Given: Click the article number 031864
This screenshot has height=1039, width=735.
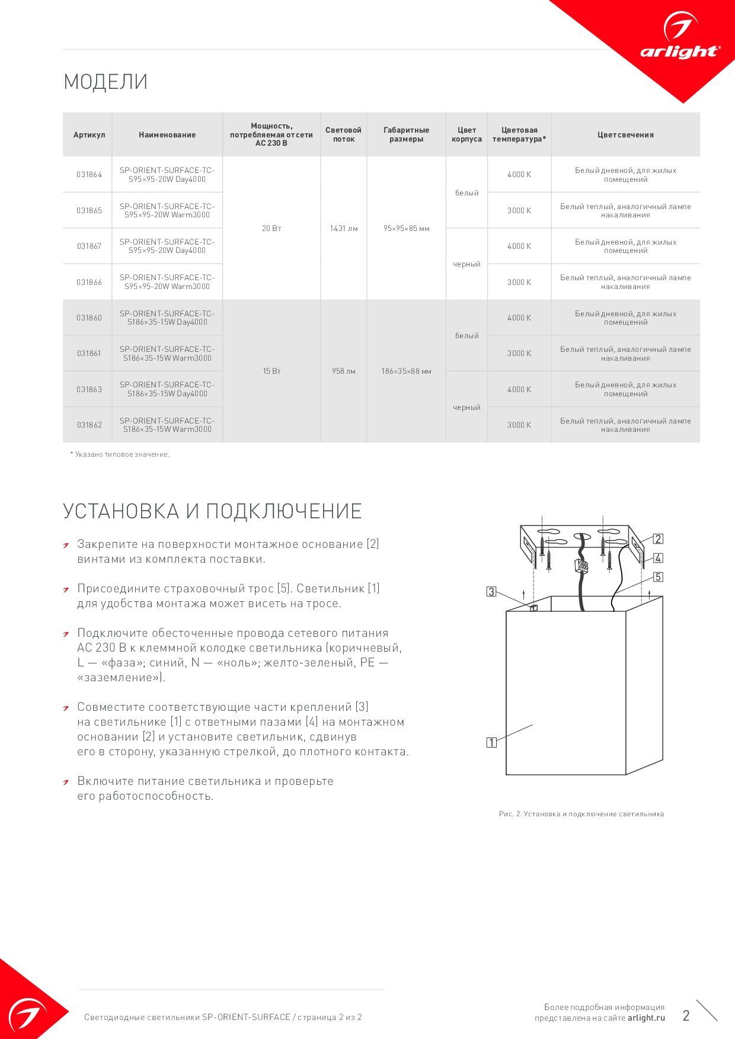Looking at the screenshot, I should click(x=89, y=175).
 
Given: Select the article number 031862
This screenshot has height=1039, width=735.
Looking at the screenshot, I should click(x=89, y=425).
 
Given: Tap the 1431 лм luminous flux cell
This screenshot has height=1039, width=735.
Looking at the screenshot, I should click(x=344, y=228).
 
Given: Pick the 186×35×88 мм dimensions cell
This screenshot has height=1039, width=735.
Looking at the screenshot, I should click(x=406, y=371).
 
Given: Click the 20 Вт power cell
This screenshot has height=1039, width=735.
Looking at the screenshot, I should click(x=271, y=228).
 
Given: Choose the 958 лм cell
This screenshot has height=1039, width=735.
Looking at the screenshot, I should click(x=344, y=371).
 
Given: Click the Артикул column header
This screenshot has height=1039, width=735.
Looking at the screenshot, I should click(x=89, y=135).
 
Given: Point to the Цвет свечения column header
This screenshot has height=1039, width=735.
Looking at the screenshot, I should click(x=625, y=135).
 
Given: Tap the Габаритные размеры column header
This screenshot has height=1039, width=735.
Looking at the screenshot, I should click(x=406, y=134).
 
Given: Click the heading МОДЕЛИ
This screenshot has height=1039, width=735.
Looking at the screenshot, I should click(x=106, y=82).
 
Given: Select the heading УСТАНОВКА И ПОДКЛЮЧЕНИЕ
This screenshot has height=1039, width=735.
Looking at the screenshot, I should click(x=212, y=511).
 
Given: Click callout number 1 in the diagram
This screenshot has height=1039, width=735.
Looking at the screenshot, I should click(x=491, y=742).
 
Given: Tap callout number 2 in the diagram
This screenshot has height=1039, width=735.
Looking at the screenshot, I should click(x=658, y=539).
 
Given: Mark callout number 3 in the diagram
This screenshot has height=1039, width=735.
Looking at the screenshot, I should click(x=491, y=591).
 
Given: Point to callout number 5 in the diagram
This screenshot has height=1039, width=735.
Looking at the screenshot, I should click(x=658, y=577).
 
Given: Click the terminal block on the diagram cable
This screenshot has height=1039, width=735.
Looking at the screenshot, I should click(x=581, y=566).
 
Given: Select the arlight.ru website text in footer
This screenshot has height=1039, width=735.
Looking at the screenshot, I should click(x=646, y=1018).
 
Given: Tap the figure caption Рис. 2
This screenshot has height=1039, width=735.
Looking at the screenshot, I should click(x=581, y=814).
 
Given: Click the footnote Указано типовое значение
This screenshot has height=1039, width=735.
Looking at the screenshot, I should click(x=120, y=454).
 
